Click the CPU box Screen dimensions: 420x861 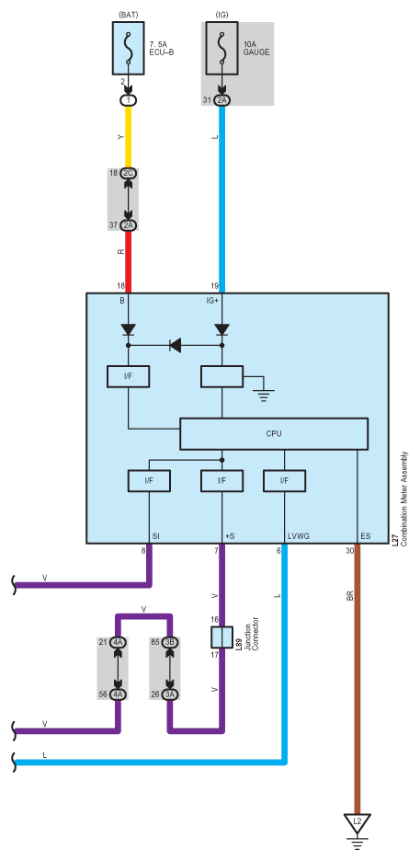pos(274,434)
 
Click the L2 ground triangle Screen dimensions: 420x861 pos(358,822)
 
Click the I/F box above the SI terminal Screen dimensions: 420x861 pos(149,481)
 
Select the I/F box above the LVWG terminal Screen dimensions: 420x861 pos(284,481)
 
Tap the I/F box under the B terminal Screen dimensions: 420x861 pos(129,377)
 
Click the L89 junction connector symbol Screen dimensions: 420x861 pos(221,637)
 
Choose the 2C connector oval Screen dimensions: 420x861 pos(130,173)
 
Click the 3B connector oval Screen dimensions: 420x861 pos(170,642)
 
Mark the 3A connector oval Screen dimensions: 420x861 pos(170,695)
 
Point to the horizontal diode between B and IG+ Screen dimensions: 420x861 pos(176,345)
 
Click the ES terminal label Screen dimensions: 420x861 pos(365,536)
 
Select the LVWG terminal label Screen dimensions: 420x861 pos(299,536)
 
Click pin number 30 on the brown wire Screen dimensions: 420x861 pos(349,550)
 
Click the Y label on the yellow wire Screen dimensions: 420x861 pos(121,137)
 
